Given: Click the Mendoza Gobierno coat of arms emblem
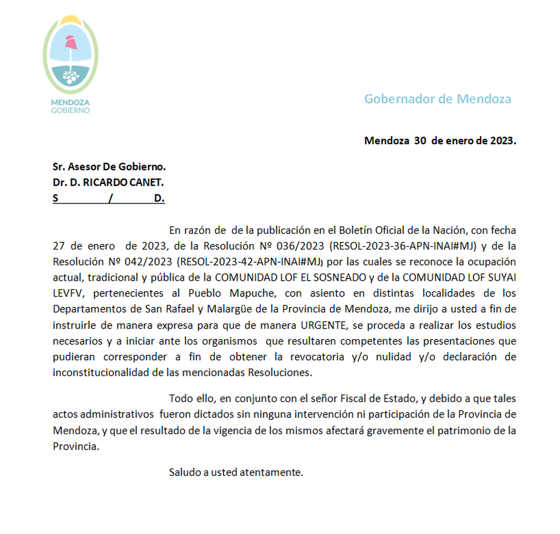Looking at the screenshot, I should [x=70, y=55].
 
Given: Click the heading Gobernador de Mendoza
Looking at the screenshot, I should [x=437, y=99].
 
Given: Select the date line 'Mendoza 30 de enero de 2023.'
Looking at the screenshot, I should [x=440, y=141].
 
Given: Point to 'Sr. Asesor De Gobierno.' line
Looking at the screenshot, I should [x=109, y=166].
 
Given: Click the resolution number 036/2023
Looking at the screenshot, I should [x=300, y=246].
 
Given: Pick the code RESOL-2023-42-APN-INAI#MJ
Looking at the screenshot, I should [x=250, y=262].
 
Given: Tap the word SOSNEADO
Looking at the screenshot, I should [x=339, y=278].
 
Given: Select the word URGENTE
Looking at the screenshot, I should [x=323, y=325].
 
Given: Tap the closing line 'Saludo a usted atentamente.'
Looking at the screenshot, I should [x=236, y=472].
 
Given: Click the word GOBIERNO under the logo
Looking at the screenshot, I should [x=70, y=110].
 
